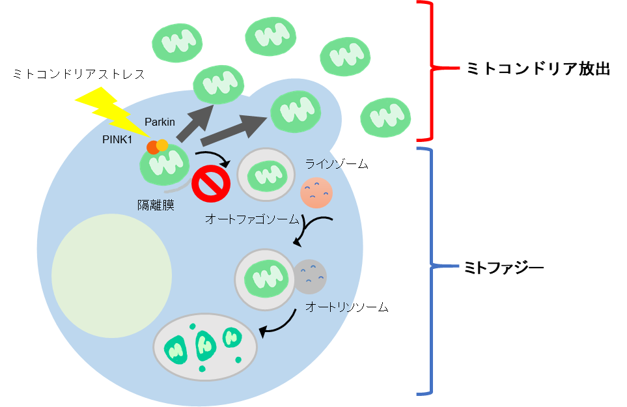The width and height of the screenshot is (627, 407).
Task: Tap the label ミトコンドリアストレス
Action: point(79,74)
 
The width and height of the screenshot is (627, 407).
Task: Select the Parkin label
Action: point(159,122)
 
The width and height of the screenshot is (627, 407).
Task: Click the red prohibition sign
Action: point(212,184)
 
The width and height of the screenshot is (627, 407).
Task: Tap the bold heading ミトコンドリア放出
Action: point(538,69)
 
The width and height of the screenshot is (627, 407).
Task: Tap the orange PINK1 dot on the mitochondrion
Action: point(152,148)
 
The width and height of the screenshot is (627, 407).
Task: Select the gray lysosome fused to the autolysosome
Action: point(311,277)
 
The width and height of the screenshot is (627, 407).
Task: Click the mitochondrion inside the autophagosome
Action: point(268,175)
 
